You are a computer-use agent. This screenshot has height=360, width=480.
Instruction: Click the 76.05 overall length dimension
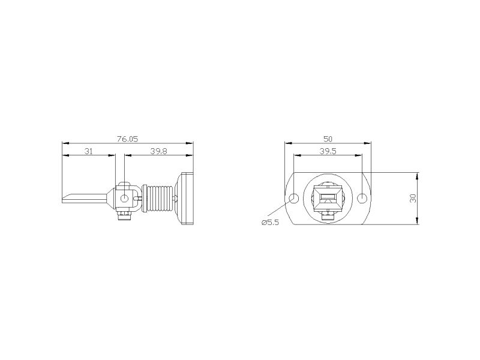click(128, 139)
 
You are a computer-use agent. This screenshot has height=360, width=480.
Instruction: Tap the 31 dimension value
click(88, 151)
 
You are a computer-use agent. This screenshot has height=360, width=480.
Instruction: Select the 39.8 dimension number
click(158, 151)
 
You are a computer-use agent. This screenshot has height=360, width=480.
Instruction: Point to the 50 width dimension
click(328, 139)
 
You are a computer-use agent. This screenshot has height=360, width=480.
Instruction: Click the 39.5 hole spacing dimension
click(328, 151)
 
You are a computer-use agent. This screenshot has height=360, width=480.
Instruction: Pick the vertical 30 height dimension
click(413, 198)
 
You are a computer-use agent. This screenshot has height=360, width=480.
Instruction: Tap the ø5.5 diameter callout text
click(271, 223)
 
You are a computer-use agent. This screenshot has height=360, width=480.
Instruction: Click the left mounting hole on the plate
click(294, 198)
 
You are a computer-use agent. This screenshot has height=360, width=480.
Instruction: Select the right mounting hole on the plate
click(362, 198)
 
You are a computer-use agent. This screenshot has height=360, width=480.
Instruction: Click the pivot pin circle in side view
click(124, 199)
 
